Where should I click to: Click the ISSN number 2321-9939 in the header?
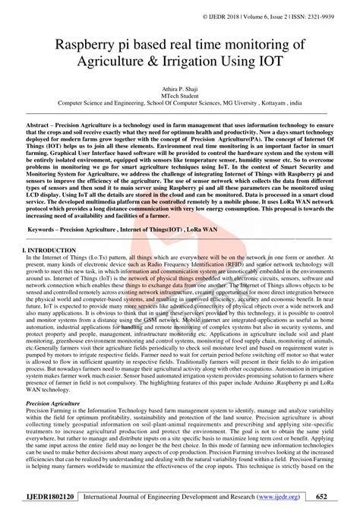[336, 14]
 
